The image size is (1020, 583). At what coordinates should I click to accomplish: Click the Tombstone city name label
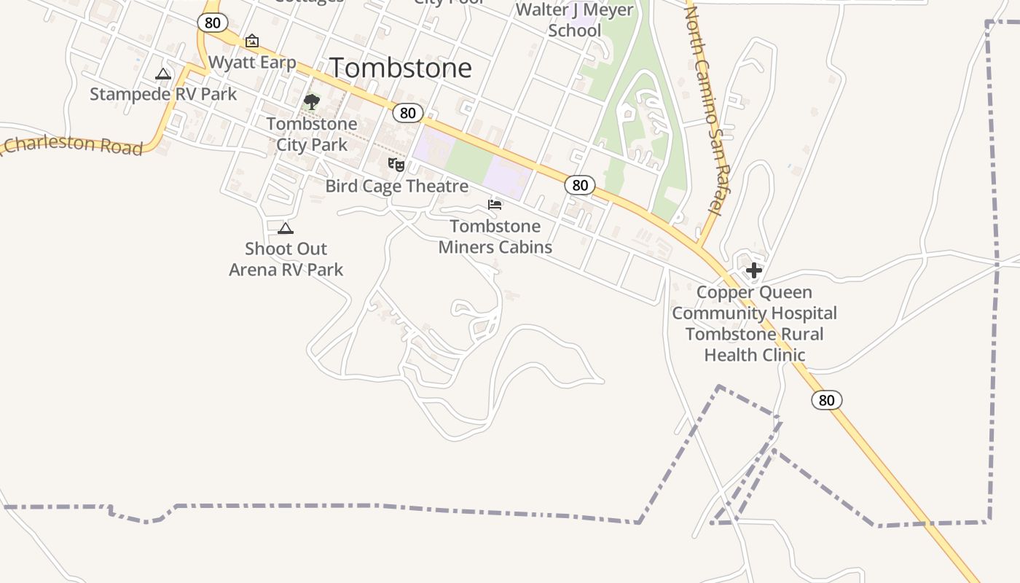click(401, 68)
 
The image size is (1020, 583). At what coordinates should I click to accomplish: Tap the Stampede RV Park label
click(163, 94)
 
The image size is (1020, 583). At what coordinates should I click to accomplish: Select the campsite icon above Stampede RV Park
click(163, 74)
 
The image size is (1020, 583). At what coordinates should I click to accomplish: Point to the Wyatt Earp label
click(252, 62)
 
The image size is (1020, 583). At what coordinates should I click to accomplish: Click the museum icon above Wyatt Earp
click(252, 41)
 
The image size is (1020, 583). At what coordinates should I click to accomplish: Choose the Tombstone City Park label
click(312, 134)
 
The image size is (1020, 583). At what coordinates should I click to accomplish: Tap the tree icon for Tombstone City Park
click(312, 102)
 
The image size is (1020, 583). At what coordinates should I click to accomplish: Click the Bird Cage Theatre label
click(396, 186)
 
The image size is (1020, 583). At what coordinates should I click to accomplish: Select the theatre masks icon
click(396, 165)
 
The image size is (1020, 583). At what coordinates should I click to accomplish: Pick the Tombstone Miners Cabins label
click(495, 237)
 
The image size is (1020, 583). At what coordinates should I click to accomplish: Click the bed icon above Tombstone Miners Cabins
click(495, 205)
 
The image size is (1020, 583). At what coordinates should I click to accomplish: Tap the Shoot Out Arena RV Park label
click(286, 259)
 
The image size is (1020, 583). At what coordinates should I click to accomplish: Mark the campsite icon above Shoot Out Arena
click(286, 229)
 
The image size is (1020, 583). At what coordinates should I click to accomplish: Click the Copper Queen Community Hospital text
click(754, 303)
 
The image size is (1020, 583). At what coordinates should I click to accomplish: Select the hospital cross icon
click(754, 271)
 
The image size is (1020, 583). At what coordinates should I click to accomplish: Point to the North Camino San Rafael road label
click(703, 109)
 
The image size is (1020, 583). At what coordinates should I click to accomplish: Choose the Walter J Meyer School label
click(574, 20)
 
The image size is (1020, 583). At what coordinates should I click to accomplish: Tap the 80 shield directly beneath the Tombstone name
click(408, 112)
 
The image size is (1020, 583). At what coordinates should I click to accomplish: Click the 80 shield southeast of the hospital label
click(826, 399)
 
